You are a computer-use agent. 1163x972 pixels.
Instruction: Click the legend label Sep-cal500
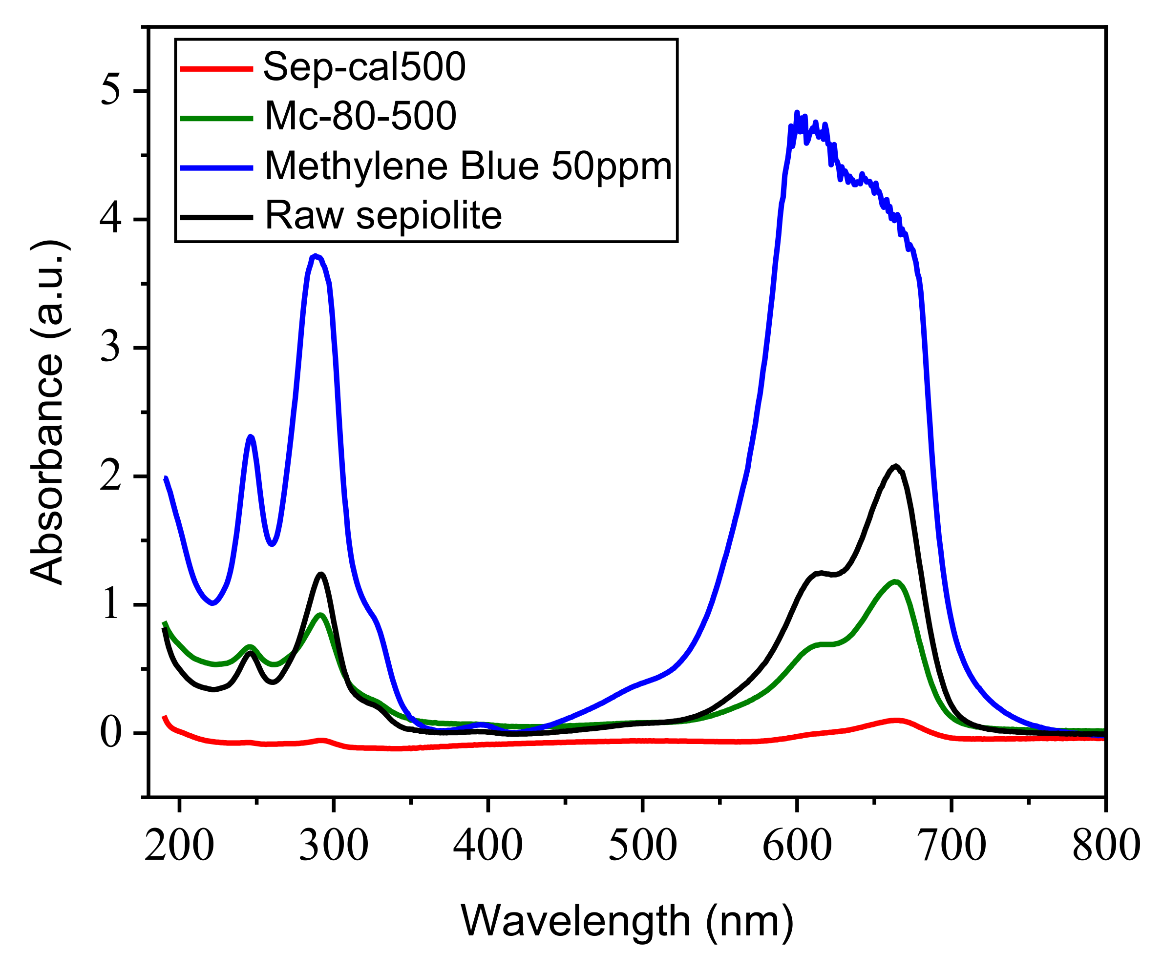[364, 67]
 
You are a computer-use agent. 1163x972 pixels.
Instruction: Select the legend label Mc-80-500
[360, 116]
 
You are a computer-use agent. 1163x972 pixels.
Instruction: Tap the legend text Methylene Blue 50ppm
[468, 166]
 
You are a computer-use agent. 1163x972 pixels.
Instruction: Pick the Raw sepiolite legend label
[383, 215]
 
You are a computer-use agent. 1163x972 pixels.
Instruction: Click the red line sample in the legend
[216, 69]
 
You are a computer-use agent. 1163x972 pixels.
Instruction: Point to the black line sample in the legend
[216, 217]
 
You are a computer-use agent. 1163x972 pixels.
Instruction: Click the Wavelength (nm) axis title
[627, 921]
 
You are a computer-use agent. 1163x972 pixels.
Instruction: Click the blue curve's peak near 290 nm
[315, 255]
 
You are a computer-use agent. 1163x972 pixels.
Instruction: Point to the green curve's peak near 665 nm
[895, 581]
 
